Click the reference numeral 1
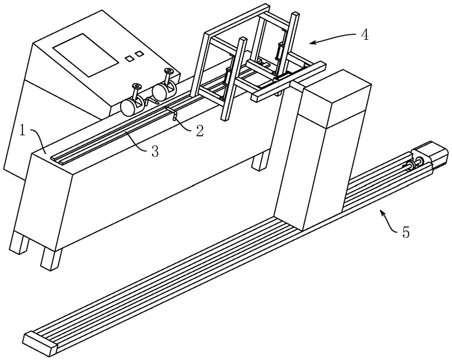[x=22, y=132]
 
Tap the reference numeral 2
[x=199, y=131]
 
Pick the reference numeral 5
[x=406, y=233]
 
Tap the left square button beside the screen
[x=129, y=58]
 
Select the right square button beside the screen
[x=140, y=53]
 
